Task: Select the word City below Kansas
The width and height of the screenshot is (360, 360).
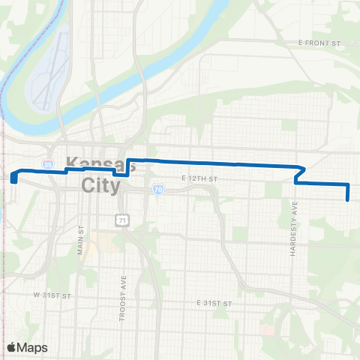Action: (100, 184)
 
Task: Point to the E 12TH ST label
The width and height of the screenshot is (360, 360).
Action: (199, 178)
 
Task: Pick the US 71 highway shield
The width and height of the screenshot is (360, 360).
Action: (121, 219)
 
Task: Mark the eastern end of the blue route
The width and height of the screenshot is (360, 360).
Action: (349, 199)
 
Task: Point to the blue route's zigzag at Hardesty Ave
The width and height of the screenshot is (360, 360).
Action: (299, 174)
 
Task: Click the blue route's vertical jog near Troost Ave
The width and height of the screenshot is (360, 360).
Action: (129, 166)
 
